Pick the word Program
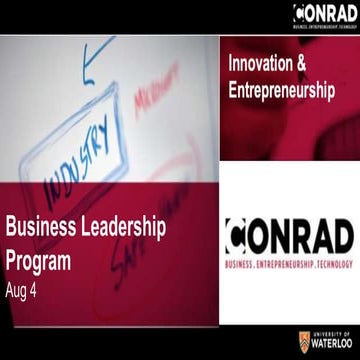38,260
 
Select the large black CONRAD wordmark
290,236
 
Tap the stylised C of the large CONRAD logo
240,236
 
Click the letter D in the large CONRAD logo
338,236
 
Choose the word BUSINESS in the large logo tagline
246,261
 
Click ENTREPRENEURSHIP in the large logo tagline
290,261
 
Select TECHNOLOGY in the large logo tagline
333,261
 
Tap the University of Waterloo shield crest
304,340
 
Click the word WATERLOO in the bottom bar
331,344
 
